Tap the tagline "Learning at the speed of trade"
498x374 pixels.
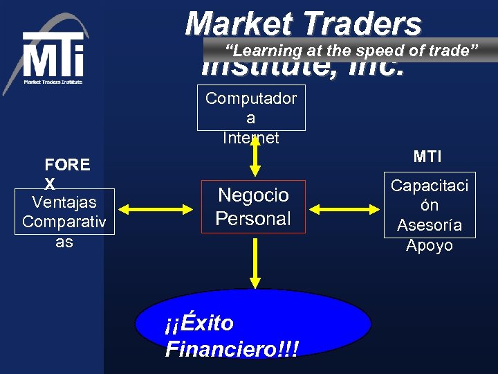coord(352,50)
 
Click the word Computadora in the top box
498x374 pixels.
coord(251,107)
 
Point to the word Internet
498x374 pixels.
coord(250,138)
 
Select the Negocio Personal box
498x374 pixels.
coord(252,206)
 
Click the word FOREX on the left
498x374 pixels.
coord(66,173)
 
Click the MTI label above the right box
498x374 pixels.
coord(427,157)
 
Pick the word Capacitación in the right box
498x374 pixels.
coord(430,195)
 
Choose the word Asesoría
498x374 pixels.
coord(430,225)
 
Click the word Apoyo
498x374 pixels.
coord(430,245)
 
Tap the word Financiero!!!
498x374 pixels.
coord(232,348)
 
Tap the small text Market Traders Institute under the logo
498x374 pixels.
coord(53,82)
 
